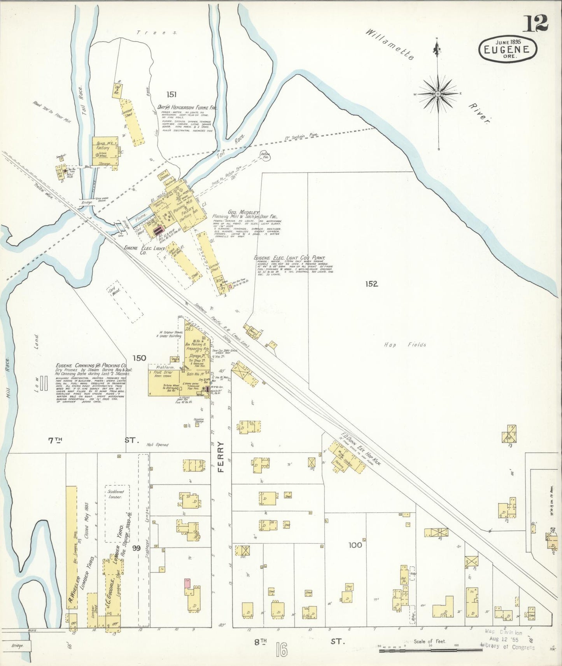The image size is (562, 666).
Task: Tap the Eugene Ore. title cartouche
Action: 508,49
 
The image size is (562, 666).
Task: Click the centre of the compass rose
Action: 438,94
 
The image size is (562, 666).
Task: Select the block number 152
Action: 371,284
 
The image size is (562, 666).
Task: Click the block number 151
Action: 172,94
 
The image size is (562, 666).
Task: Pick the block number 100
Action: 355,545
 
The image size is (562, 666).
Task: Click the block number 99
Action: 136,548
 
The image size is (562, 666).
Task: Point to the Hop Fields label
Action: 405,345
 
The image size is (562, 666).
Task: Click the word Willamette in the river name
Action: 390,44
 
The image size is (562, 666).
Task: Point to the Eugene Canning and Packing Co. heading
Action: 91,366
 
